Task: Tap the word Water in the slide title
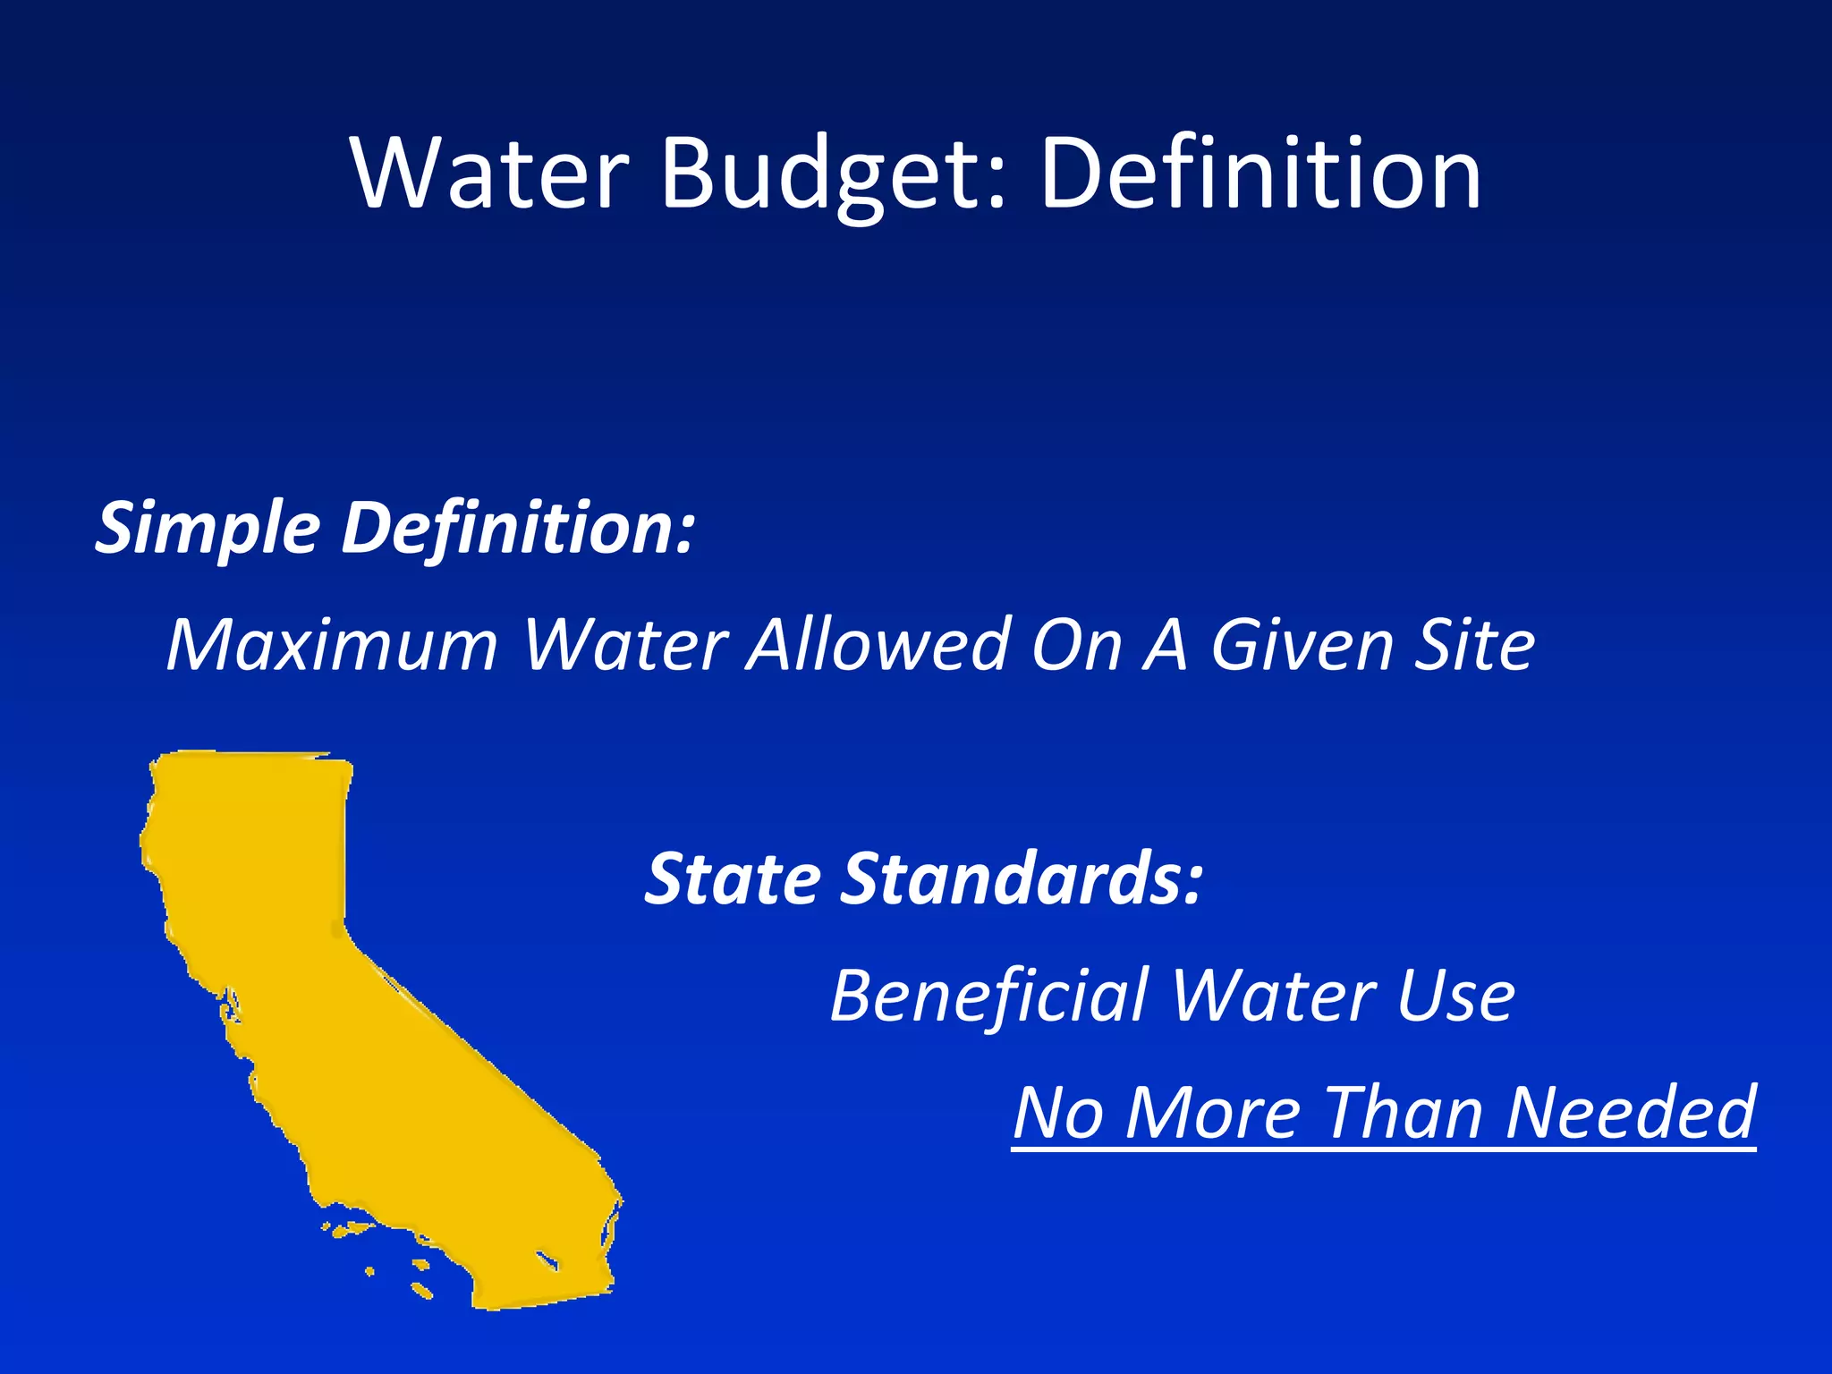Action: click(490, 174)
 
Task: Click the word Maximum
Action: click(332, 644)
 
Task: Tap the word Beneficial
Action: click(989, 996)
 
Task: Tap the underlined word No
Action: click(1057, 1112)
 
